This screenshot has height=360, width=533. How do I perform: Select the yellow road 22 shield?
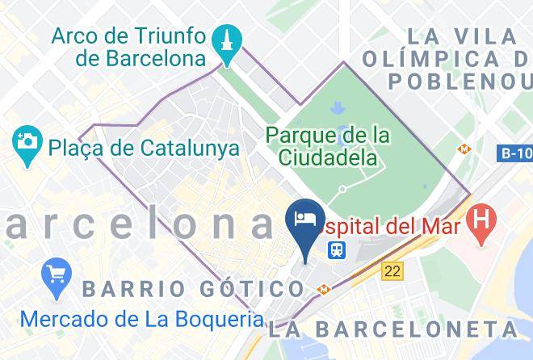[x=393, y=272]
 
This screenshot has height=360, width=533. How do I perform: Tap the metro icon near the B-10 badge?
[x=464, y=149]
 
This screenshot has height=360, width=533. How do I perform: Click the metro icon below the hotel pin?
[x=323, y=288]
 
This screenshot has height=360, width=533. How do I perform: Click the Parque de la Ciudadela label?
[x=329, y=144]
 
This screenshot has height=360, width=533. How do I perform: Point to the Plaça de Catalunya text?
[x=143, y=148]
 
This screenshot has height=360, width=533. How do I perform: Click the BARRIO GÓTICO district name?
[x=193, y=288]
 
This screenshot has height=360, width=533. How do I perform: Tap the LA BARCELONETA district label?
[x=395, y=329]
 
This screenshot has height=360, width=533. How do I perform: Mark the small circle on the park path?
[x=342, y=190]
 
